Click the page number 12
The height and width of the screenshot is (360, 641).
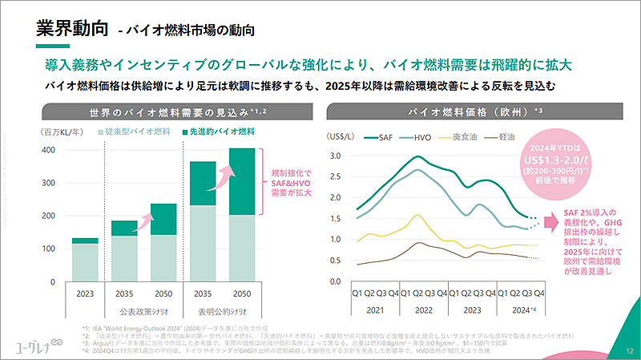point(627,350)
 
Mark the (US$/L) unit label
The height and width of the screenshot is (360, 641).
point(343,137)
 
